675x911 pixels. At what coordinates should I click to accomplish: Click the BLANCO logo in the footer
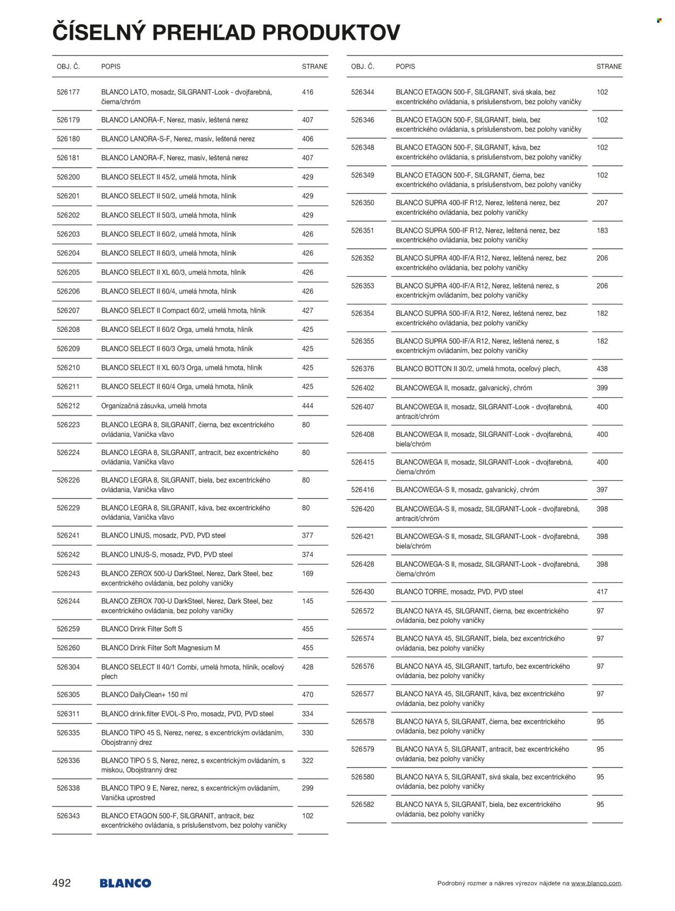coord(125,883)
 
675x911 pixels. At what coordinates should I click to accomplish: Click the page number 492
coord(62,883)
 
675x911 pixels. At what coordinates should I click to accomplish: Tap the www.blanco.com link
coord(596,883)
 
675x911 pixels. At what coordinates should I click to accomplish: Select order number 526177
coord(68,92)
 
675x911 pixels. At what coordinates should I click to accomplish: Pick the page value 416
coord(308,92)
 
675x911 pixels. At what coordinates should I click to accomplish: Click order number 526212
coord(68,406)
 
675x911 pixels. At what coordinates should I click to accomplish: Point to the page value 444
coord(308,406)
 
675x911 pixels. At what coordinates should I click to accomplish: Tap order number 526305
coord(68,695)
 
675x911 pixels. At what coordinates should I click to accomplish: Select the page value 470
coord(308,695)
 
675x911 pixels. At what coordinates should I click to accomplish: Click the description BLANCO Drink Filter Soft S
coord(142,629)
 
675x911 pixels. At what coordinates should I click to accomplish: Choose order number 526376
coord(362,369)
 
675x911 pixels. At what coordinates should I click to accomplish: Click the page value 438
coord(602,369)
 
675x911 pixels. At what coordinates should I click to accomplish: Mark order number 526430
coord(362,592)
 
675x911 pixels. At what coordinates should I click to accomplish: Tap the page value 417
coord(602,592)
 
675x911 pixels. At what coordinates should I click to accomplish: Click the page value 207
coord(602,203)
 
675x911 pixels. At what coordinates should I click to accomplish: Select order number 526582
coord(362,804)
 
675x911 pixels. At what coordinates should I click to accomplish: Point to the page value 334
coord(308,713)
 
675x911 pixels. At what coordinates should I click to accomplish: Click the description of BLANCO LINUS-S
coord(167,554)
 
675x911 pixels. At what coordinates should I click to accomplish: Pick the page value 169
coord(308,574)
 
